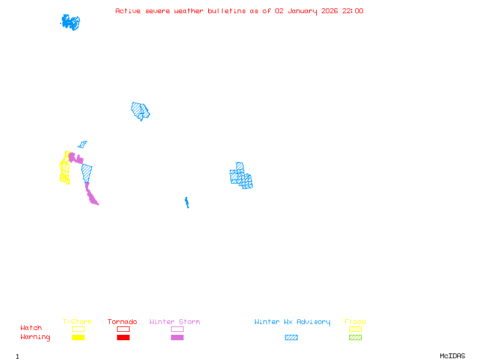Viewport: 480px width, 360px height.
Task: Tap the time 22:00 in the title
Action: pos(353,11)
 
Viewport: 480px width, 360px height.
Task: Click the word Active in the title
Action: pos(128,11)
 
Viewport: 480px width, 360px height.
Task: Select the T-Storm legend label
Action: pos(77,322)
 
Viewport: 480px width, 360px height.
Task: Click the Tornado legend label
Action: pos(122,322)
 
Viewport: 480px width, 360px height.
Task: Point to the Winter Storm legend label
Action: pos(175,322)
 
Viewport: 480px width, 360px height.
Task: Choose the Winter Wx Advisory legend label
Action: pos(292,322)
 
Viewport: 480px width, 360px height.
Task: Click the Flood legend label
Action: pos(355,322)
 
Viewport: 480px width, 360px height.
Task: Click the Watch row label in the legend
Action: pos(31,328)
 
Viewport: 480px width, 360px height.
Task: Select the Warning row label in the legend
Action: pos(35,337)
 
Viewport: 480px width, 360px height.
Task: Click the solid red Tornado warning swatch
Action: pos(123,338)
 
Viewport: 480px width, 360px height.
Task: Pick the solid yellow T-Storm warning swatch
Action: pos(78,338)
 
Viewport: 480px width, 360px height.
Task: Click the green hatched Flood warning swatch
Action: pos(355,338)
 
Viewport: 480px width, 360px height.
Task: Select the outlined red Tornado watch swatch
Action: pos(123,329)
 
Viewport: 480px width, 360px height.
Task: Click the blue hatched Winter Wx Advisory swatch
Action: pos(291,338)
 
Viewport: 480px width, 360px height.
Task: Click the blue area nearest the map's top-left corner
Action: pos(70,22)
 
